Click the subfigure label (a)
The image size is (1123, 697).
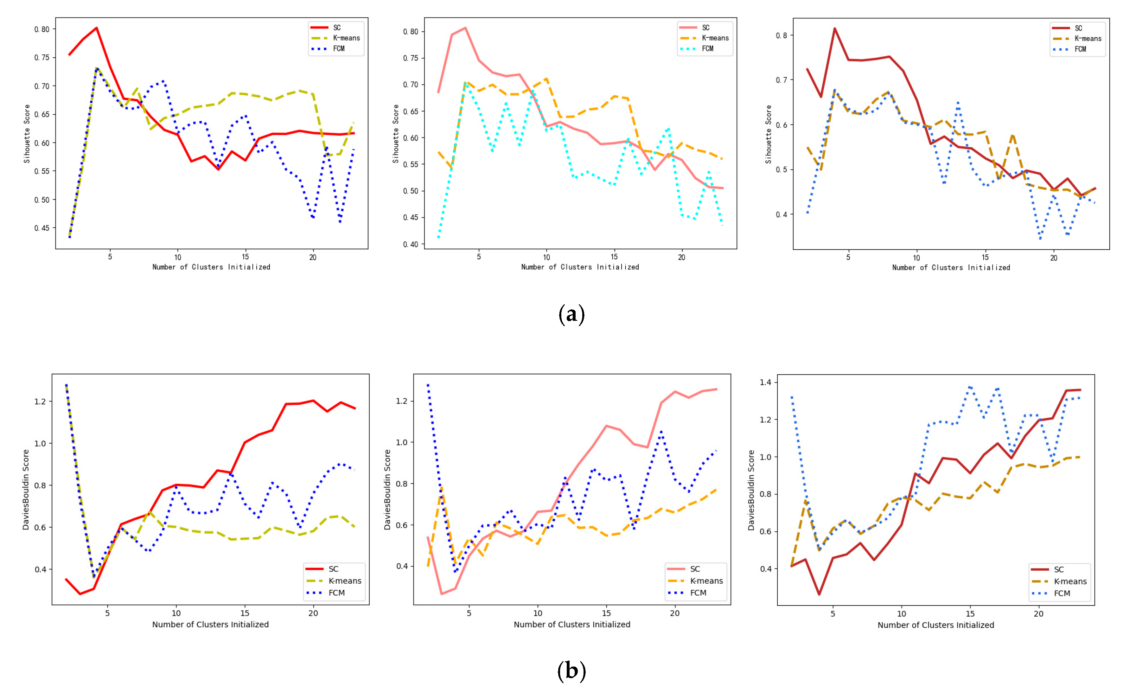coord(571,315)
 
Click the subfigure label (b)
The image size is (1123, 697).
coord(571,671)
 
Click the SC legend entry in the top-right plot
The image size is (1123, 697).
coord(1078,28)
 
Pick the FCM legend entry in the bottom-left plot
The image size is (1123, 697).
coord(336,593)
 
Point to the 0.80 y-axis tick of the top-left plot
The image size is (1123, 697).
coord(41,29)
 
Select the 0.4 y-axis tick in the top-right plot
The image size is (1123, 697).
coord(782,214)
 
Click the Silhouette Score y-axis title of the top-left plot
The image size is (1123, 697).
coord(27,134)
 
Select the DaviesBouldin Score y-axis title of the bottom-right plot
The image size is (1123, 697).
coord(751,490)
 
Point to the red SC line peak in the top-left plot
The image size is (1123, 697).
coord(96,28)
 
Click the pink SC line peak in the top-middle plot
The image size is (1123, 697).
coord(465,28)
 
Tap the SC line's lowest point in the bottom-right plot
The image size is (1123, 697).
coord(819,594)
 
